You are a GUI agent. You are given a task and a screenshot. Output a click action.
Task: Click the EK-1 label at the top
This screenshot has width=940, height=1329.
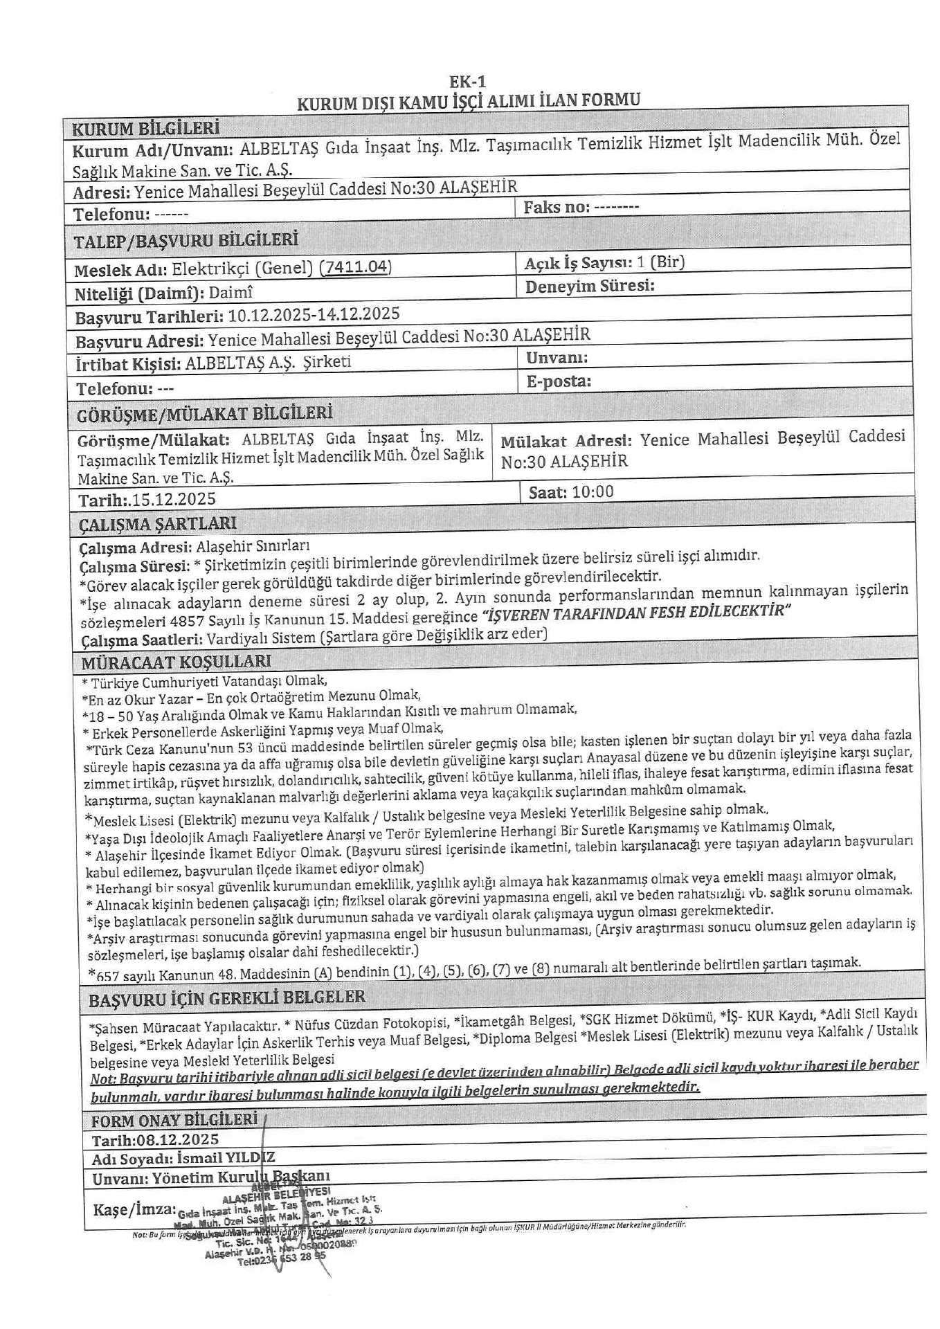467,82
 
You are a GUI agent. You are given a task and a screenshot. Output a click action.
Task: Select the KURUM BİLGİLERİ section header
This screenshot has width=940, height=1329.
146,128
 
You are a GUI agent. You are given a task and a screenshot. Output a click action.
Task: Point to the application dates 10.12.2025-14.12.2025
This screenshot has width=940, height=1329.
314,314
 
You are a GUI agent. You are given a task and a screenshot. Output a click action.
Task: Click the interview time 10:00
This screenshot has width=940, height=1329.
593,492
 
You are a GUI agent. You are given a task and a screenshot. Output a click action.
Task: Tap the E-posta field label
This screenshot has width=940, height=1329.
559,381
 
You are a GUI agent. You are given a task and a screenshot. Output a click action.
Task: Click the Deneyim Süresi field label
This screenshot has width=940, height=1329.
590,286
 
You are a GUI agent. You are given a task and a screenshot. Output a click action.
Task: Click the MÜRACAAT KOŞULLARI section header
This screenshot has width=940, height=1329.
176,662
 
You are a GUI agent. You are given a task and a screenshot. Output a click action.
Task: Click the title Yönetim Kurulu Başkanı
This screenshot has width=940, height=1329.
241,1177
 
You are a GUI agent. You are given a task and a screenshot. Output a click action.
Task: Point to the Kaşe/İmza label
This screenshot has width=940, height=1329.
134,1209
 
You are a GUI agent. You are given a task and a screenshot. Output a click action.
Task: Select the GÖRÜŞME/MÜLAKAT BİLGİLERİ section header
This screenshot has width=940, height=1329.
204,414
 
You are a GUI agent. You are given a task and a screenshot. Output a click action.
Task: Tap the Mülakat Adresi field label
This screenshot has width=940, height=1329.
566,441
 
